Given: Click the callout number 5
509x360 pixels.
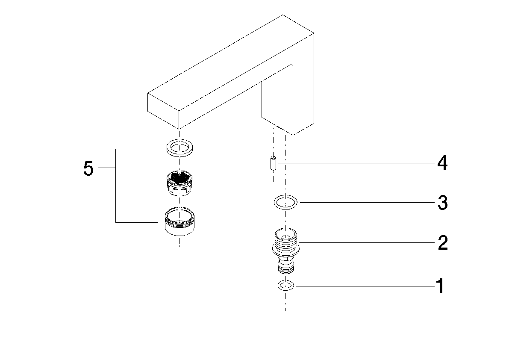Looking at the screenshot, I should pos(88,168).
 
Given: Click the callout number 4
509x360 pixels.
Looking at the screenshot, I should pos(442,163).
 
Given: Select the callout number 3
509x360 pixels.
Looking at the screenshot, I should pos(442,203).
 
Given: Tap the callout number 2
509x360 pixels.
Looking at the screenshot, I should pos(442,243).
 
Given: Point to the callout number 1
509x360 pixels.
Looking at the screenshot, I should pos(440,286).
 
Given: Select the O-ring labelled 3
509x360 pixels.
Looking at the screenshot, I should pos(285,202).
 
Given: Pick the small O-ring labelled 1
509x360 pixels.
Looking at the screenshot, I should pos(285,286).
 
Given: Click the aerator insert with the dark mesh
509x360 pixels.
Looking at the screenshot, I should pos(179,183).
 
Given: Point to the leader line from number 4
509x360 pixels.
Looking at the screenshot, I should pos(355,163).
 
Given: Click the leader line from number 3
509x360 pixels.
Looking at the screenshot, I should pos(363,203).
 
